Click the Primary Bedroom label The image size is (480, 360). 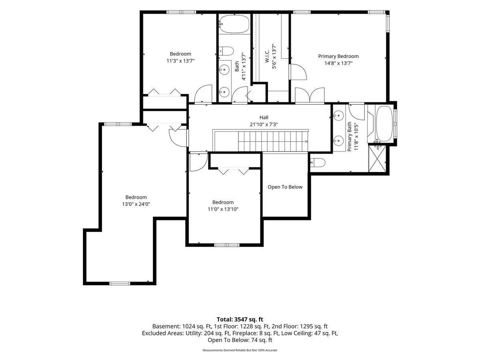click(338, 56)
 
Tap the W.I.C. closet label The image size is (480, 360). click(267, 56)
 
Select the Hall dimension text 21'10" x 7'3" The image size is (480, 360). click(264, 124)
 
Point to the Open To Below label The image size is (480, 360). click(285, 187)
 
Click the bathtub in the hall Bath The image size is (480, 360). click(234, 24)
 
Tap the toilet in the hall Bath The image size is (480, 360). click(226, 51)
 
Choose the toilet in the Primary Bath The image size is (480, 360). click(318, 163)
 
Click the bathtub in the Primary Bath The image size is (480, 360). click(384, 124)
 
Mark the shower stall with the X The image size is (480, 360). click(377, 159)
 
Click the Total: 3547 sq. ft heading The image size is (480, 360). click(240, 319)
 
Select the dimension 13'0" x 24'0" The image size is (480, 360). click(136, 204)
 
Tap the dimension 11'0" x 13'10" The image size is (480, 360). click(223, 209)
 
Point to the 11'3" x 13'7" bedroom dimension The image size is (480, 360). click(180, 60)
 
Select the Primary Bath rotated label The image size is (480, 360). click(350, 137)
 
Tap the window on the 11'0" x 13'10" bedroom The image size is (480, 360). click(227, 245)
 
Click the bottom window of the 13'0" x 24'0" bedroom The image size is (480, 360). click(120, 284)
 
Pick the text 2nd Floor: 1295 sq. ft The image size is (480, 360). click(300, 326)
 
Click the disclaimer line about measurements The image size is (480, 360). click(240, 350)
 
